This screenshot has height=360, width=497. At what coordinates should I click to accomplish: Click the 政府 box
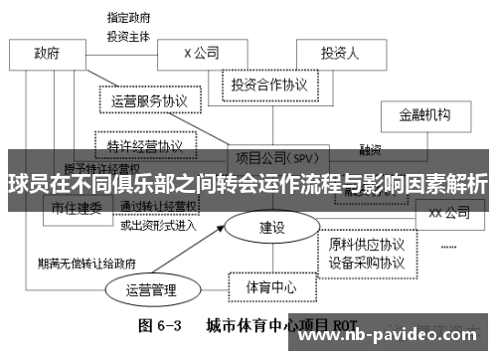click(47, 53)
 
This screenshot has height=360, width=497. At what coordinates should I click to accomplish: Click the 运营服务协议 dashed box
click(150, 100)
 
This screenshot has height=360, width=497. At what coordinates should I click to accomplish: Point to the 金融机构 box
click(430, 115)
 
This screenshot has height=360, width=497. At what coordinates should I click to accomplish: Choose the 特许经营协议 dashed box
click(144, 145)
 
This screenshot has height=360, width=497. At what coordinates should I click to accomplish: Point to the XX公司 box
click(448, 212)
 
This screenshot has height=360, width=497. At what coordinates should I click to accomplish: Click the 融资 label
click(371, 150)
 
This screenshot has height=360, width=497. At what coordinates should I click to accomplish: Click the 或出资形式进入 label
click(158, 225)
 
